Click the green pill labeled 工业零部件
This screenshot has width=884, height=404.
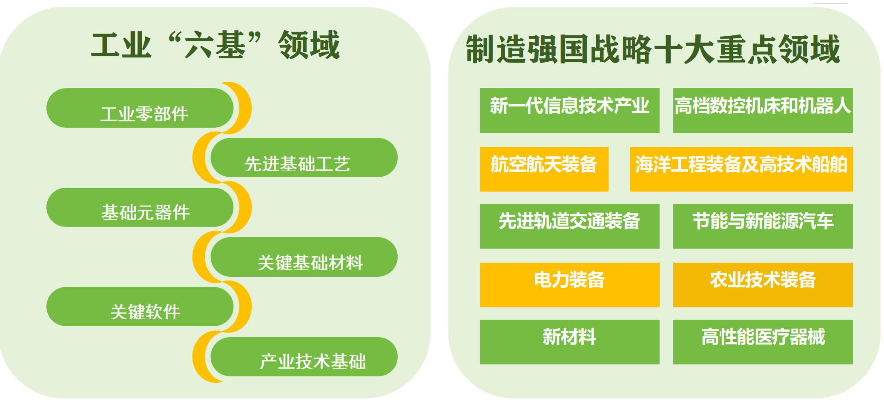pyautogui.click(x=140, y=108)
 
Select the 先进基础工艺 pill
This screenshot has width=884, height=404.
pyautogui.click(x=304, y=158)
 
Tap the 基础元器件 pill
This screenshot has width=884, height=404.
pyautogui.click(x=140, y=207)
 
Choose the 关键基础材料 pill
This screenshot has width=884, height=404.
pyautogui.click(x=304, y=257)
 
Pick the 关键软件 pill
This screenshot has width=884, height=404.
pyautogui.click(x=140, y=307)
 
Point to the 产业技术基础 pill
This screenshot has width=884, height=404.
pyautogui.click(x=304, y=357)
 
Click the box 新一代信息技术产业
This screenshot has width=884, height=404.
pyautogui.click(x=570, y=110)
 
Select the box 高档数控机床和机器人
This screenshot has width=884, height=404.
pyautogui.click(x=763, y=110)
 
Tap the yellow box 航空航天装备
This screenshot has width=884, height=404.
pyautogui.click(x=544, y=169)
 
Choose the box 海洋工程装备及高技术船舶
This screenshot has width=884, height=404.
pyautogui.click(x=741, y=169)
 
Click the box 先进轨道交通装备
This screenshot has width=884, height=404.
pyautogui.click(x=570, y=226)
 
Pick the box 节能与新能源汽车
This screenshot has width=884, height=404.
pyautogui.click(x=763, y=226)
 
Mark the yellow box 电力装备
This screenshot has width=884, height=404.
pyautogui.click(x=570, y=285)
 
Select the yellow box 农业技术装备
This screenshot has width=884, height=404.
pyautogui.click(x=763, y=285)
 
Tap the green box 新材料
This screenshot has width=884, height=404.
pyautogui.click(x=570, y=342)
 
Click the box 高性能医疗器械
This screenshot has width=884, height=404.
pyautogui.click(x=763, y=342)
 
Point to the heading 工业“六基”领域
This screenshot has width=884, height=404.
pyautogui.click(x=215, y=45)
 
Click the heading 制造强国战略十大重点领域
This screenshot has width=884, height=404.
pyautogui.click(x=653, y=49)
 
